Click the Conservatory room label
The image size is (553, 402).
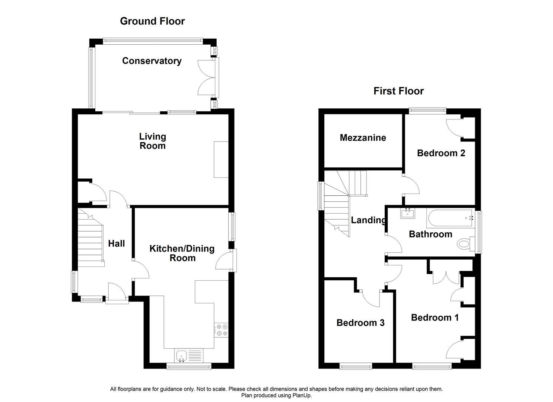tap(152, 61)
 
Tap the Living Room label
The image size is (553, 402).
tap(152, 141)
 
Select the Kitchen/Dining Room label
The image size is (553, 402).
tap(182, 253)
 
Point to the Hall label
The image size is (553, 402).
tap(116, 244)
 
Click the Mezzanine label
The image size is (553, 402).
tap(363, 138)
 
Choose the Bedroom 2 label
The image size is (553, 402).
tap(441, 153)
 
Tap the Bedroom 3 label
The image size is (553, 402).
tap(360, 323)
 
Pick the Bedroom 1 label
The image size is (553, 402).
tap(435, 318)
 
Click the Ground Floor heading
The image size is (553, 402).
tap(152, 21)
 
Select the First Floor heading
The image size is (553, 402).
tap(398, 91)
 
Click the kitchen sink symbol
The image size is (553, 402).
tap(182, 355)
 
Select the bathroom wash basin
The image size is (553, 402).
tap(408, 213)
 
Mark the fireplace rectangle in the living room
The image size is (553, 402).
tap(221, 160)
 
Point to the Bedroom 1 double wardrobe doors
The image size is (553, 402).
tap(446, 277)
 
